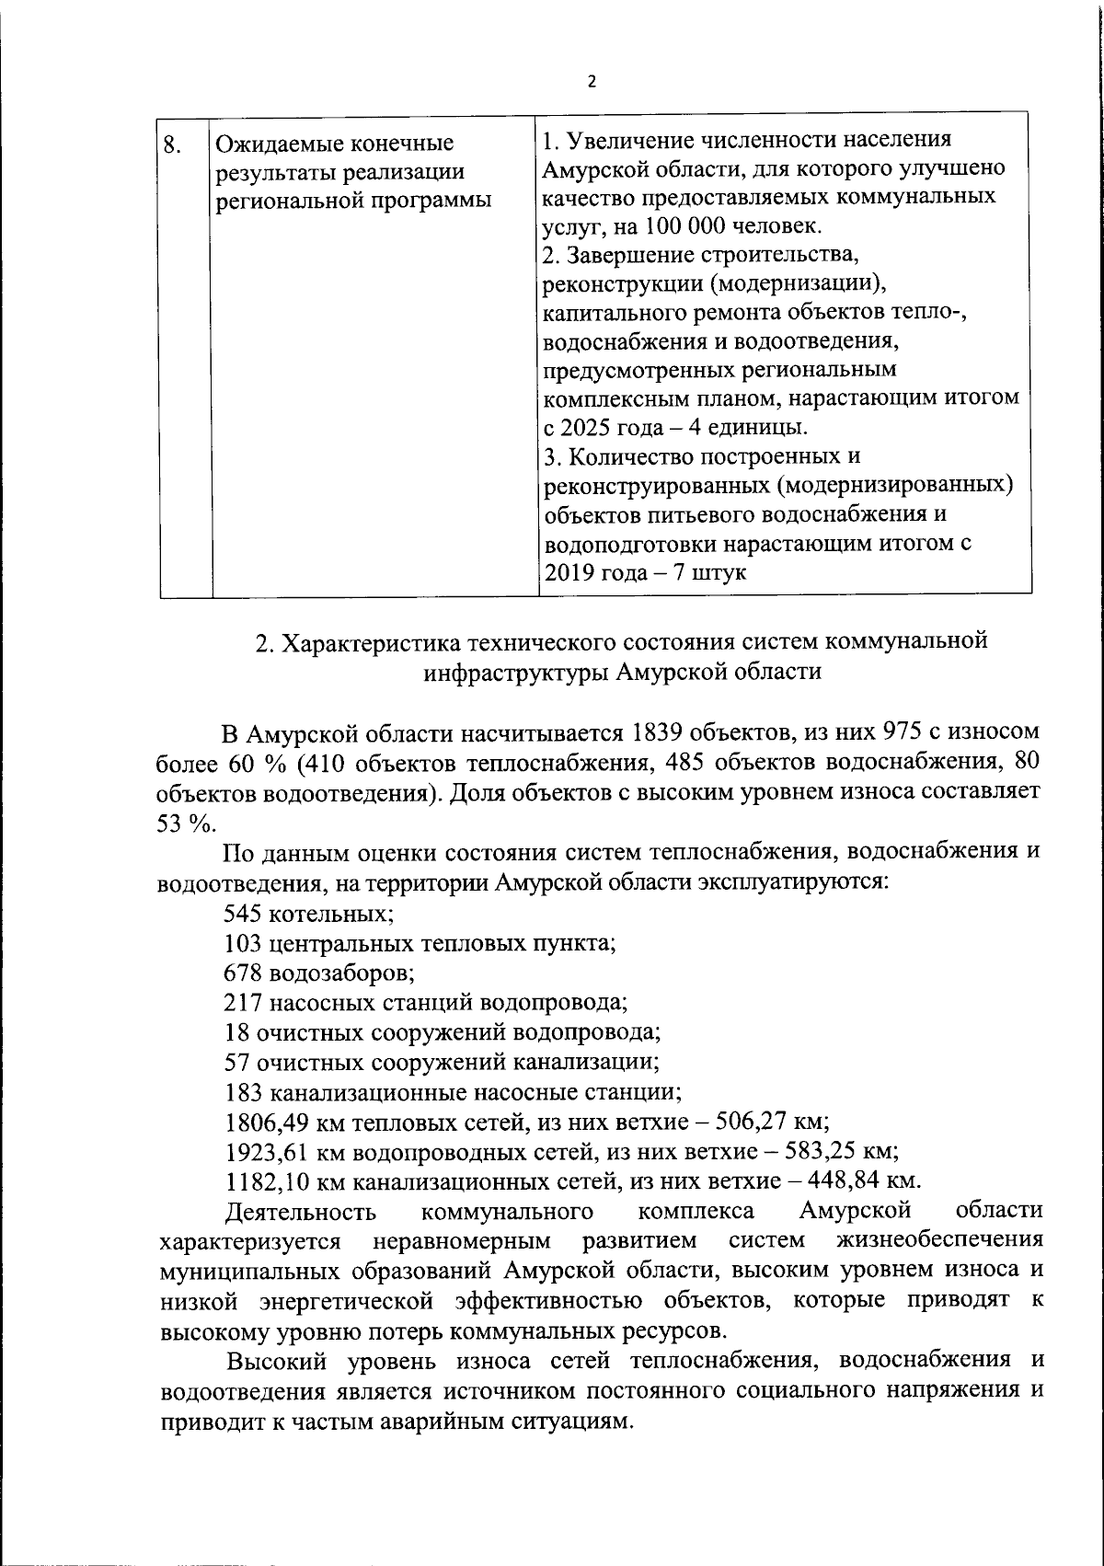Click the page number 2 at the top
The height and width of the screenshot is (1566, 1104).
592,81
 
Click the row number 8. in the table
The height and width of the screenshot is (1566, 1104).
170,144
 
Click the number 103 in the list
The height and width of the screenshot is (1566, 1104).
243,943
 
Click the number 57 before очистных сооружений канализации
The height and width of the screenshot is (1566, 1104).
237,1062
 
